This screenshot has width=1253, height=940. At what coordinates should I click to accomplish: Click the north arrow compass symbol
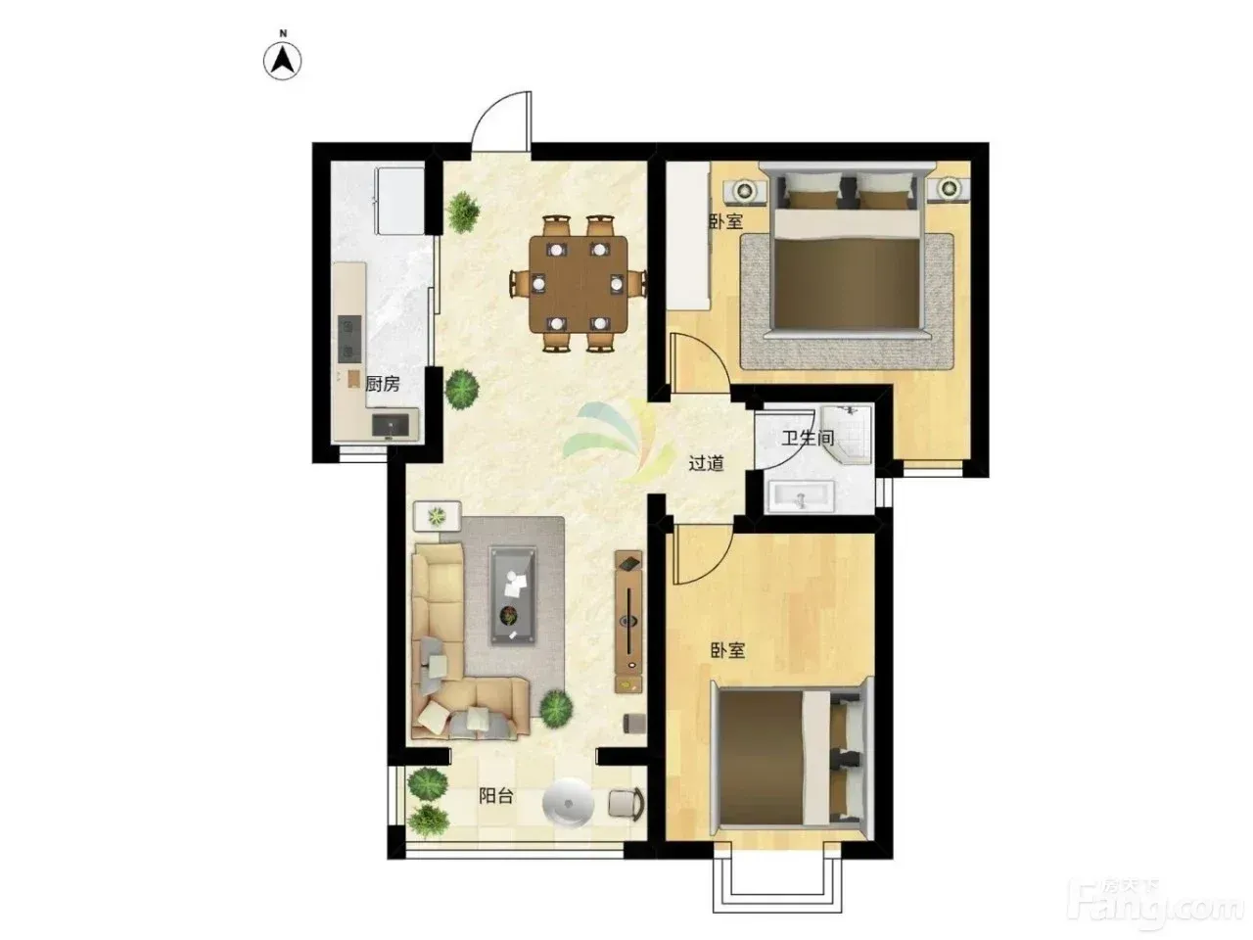pos(282,61)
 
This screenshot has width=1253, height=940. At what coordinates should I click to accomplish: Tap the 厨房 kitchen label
pos(382,384)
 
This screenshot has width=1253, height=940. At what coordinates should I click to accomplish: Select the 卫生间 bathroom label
pos(808,438)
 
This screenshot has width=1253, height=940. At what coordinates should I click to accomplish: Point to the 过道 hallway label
pos(706,463)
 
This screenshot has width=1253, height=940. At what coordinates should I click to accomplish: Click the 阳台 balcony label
pos(495,796)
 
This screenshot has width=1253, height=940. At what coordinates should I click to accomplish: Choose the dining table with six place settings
pos(578,284)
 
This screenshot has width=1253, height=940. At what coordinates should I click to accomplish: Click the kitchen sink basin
pos(391,425)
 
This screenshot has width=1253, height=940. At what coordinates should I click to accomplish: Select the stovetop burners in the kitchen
pos(349,339)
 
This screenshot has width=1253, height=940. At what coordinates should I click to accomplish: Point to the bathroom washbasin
pos(802,496)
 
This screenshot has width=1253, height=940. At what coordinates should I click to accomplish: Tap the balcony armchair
pos(626,804)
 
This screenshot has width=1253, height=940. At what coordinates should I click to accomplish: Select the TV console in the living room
pos(627,621)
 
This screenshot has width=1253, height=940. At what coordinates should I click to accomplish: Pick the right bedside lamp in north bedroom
pos(948,187)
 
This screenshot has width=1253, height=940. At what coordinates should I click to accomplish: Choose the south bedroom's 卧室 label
pos(728,650)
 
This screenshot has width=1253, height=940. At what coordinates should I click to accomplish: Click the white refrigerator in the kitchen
pos(399,200)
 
